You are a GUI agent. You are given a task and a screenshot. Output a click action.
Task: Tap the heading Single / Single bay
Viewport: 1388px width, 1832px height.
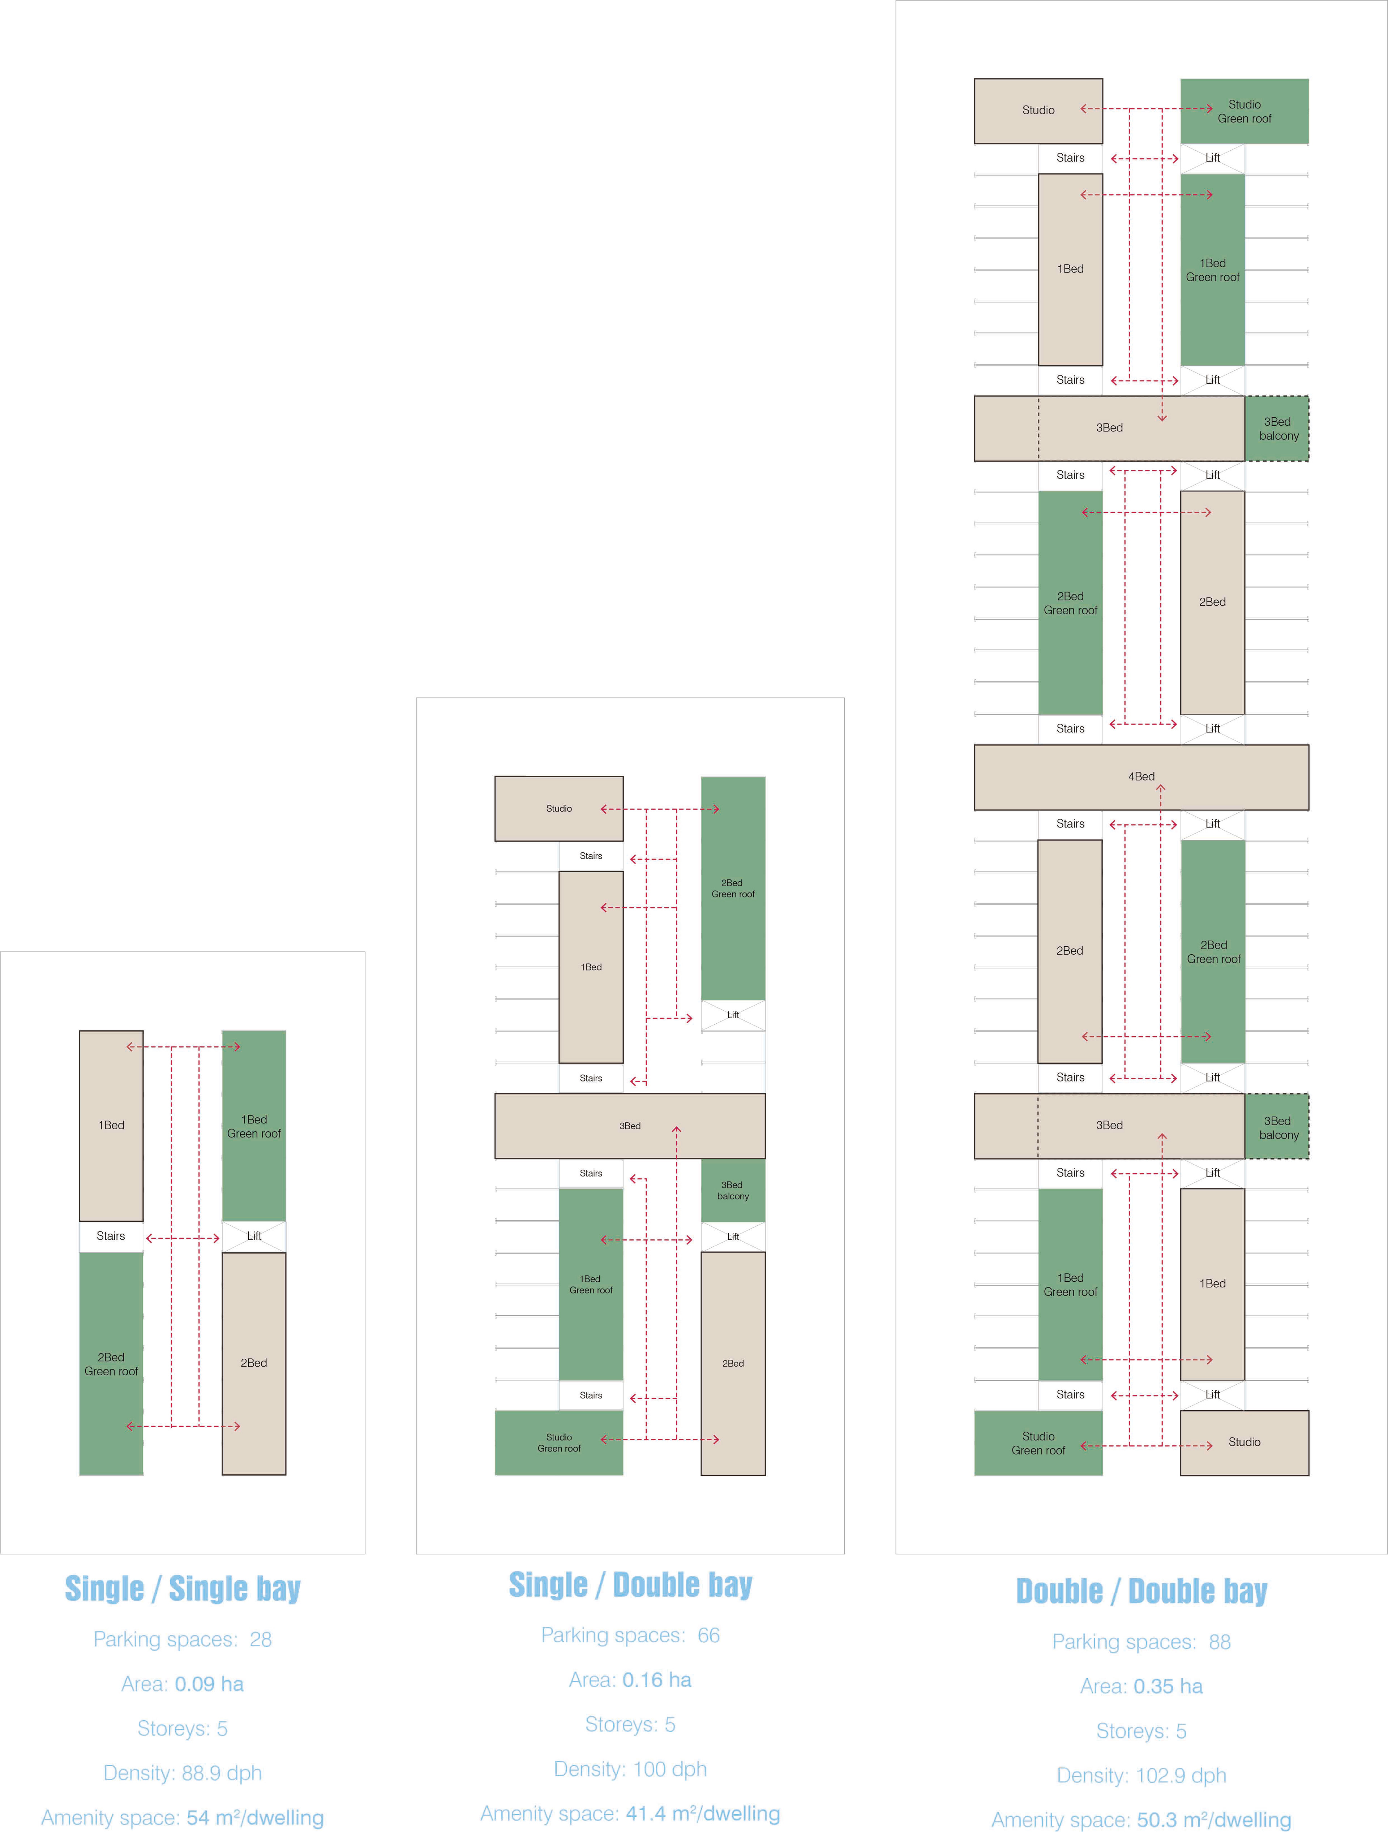(182, 1588)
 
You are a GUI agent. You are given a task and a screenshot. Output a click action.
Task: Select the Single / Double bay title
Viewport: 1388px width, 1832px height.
(631, 1584)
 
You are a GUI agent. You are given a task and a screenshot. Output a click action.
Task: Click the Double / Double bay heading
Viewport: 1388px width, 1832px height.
(1141, 1591)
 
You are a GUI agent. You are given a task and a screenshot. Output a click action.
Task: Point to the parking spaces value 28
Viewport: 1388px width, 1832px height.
(260, 1639)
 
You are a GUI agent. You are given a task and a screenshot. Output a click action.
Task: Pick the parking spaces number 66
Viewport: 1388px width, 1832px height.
(708, 1635)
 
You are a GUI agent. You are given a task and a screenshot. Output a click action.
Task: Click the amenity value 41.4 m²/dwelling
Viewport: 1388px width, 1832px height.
(703, 1813)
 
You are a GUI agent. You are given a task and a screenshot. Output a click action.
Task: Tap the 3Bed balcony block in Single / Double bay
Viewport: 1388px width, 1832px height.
(733, 1190)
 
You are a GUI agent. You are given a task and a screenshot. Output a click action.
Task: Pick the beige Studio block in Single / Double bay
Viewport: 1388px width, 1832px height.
(558, 808)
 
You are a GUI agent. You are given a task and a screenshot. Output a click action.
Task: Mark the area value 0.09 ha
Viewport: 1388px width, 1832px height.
(209, 1684)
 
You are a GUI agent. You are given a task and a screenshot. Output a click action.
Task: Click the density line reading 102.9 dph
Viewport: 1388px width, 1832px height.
(1141, 1775)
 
